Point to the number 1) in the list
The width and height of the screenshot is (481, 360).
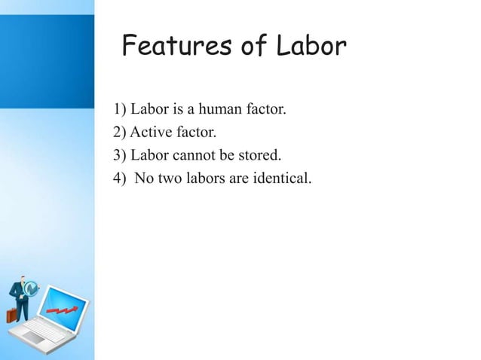tap(121, 111)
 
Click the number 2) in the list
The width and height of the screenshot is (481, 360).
tap(121, 134)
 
